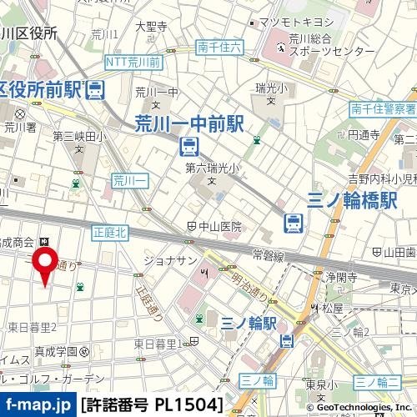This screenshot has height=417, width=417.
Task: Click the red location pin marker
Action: tap(44, 269)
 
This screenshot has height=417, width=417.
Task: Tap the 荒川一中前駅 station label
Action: tap(188, 124)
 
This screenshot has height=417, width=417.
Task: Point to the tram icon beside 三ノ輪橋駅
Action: tap(293, 223)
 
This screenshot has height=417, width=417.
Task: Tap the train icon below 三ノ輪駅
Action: tap(287, 340)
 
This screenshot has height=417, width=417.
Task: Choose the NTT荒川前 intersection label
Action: tap(133, 63)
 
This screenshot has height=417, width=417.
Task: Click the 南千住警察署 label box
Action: tap(383, 108)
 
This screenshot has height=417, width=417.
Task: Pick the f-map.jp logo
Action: tap(38, 405)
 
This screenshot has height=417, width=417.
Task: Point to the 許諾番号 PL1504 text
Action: tap(152, 405)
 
